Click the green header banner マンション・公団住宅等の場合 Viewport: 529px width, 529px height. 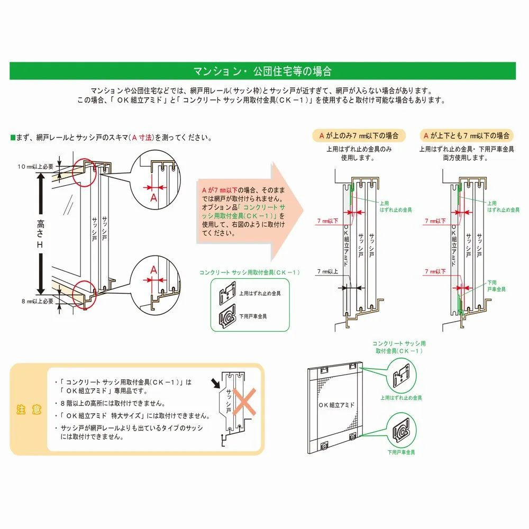coord(262,71)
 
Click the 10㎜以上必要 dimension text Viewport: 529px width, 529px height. coord(35,166)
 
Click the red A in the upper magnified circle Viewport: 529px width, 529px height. coord(154,198)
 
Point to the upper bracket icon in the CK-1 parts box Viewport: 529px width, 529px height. coord(228,293)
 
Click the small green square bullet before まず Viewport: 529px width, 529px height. coord(13,138)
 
